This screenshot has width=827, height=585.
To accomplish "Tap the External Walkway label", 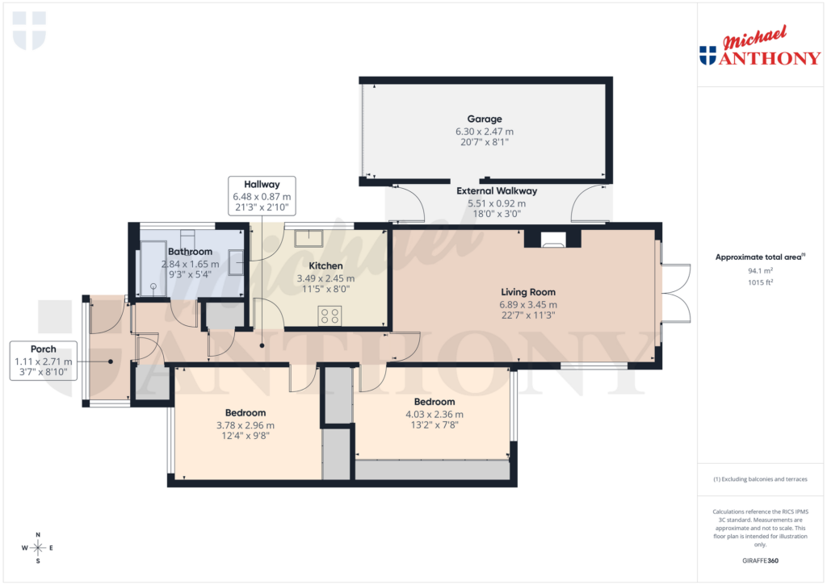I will (x=496, y=191).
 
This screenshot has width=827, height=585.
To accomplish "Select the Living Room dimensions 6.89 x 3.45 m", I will (x=528, y=305).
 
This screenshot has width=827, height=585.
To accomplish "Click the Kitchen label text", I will (x=325, y=265).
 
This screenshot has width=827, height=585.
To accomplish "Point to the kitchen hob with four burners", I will (x=330, y=315).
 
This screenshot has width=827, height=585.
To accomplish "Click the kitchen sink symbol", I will (x=308, y=238).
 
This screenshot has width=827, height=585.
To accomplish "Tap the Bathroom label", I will (x=190, y=252).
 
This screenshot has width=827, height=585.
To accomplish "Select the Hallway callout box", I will (x=261, y=196).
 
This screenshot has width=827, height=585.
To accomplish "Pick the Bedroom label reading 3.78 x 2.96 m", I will (x=245, y=425).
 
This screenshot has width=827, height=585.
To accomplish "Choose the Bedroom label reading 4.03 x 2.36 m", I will (x=434, y=415).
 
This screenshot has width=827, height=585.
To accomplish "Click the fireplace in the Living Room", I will (x=552, y=239).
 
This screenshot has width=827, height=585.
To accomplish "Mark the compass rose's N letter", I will (x=38, y=535).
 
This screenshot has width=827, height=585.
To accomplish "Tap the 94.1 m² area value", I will (x=760, y=271).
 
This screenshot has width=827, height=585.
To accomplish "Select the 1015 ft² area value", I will (x=760, y=282).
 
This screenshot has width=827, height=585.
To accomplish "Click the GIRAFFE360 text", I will (x=760, y=561).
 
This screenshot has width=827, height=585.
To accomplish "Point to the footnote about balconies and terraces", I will (x=760, y=479).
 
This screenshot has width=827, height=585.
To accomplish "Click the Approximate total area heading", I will (x=759, y=257).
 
